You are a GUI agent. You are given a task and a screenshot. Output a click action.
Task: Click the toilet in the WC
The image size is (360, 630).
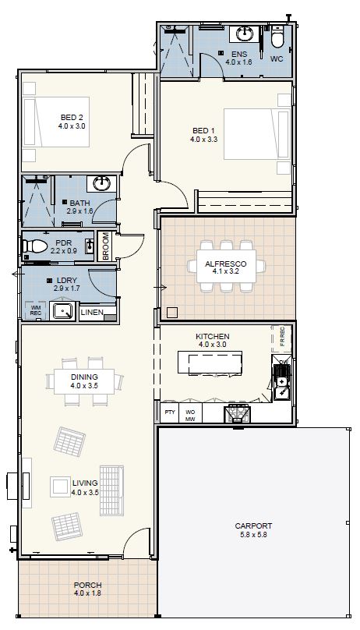click(x=277, y=36)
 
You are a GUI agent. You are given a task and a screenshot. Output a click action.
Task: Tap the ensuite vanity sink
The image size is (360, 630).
click(x=244, y=34)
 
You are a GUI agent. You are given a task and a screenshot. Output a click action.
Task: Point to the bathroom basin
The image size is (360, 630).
click(x=101, y=183)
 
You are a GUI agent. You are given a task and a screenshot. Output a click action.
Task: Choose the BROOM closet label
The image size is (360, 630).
click(x=105, y=246)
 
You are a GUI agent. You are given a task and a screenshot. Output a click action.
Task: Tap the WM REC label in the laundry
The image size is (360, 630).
click(x=36, y=310)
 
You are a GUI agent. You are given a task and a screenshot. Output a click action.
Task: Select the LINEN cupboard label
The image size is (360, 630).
click(x=92, y=312)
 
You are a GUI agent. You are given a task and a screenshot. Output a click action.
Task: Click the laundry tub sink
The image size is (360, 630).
click(x=63, y=310)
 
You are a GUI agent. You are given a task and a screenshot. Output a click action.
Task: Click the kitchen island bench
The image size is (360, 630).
click(x=210, y=363)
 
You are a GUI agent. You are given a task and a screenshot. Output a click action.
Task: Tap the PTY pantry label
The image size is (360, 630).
click(x=170, y=412)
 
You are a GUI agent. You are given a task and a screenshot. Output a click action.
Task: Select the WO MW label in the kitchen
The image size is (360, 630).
click(x=190, y=416)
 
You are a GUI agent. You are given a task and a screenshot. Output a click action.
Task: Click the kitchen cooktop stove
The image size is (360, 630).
click(x=237, y=414)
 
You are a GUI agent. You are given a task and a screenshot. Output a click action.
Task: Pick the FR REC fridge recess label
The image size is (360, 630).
click(x=282, y=337)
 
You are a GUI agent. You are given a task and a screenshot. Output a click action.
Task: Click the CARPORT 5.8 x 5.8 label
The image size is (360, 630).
click(x=253, y=530)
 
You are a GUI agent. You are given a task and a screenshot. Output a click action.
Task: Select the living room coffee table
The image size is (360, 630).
click(x=61, y=487)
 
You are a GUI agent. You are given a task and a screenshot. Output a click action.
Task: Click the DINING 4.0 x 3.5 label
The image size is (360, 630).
click(x=84, y=381)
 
